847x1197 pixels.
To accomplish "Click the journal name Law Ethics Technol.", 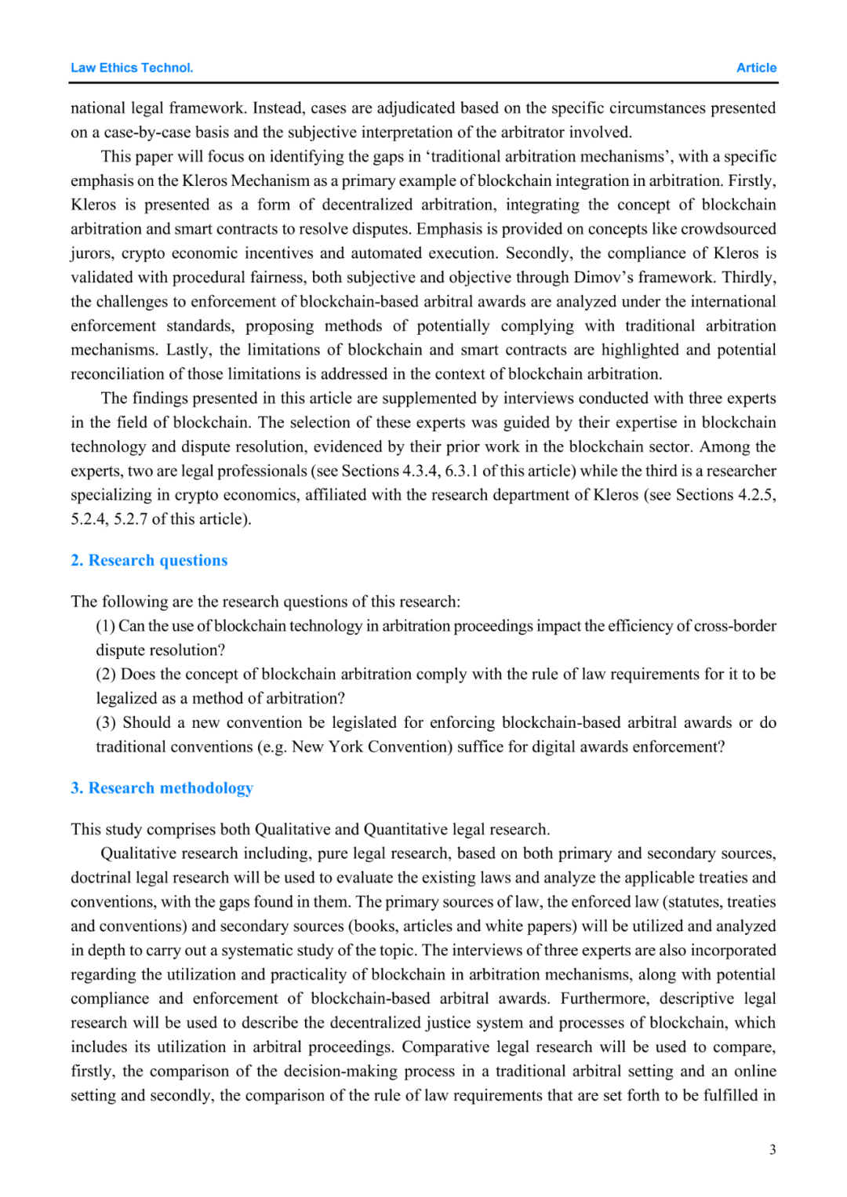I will pos(132,68).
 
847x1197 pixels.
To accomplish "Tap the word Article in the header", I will pos(756,68).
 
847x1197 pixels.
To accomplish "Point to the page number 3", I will pos(772,1150).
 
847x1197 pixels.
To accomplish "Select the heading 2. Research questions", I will pos(149,560).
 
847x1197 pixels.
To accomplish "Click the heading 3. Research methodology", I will pos(162,788).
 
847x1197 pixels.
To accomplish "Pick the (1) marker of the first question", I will pos(106,626).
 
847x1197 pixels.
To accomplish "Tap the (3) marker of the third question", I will pos(106,722).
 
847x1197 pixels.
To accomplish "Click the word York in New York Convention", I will pos(346,747).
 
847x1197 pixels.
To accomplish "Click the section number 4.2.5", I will pos(757,495).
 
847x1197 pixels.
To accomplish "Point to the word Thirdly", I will pos(749,278).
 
